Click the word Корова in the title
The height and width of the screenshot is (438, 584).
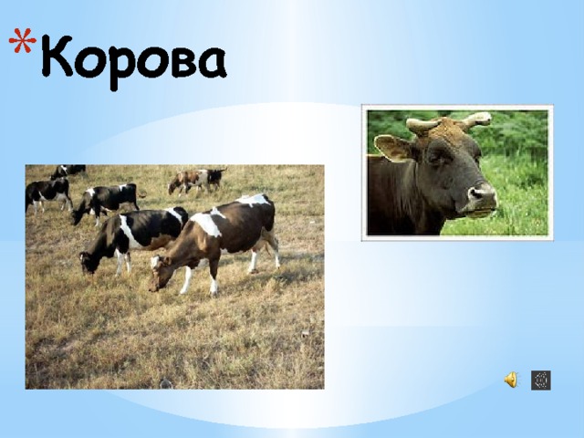click(132, 61)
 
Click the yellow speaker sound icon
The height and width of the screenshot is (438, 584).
click(510, 381)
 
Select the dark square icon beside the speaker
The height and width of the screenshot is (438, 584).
click(540, 381)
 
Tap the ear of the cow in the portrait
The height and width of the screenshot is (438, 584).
click(391, 148)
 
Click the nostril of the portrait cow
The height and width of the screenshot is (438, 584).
click(477, 193)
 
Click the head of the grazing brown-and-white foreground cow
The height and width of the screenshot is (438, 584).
click(161, 273)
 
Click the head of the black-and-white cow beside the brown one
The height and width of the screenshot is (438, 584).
click(89, 261)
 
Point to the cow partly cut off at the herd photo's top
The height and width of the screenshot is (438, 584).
click(68, 170)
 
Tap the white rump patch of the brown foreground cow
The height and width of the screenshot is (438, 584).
click(255, 200)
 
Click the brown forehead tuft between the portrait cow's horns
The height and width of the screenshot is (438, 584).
click(448, 128)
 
